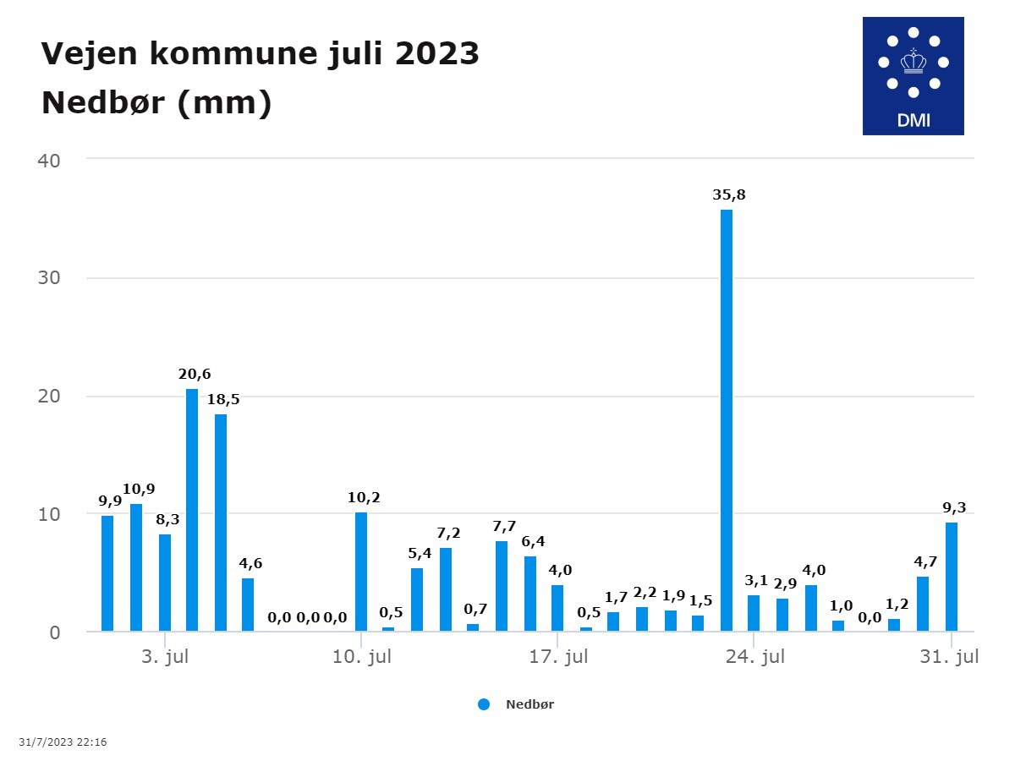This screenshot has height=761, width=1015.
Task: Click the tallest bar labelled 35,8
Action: [727, 420]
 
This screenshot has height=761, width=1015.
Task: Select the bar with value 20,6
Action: [192, 510]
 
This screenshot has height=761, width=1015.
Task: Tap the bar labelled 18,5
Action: [221, 523]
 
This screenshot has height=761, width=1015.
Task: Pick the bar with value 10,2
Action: [361, 572]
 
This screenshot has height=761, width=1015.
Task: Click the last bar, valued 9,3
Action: [952, 577]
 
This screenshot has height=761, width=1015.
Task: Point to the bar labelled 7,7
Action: [502, 586]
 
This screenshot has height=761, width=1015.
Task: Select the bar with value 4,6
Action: [248, 605]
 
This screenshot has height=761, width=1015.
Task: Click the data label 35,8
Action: [729, 195]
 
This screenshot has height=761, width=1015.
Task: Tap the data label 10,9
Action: [139, 489]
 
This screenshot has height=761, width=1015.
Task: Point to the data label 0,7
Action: [477, 609]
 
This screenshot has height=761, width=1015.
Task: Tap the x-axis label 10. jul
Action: [362, 657]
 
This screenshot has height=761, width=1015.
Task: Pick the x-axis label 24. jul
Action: [755, 657]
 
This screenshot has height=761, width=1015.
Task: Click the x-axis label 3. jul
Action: [165, 657]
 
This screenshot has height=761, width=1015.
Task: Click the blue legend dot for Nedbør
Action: [484, 704]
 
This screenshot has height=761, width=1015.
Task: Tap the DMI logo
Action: [913, 76]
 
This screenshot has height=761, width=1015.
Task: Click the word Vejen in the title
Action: [88, 54]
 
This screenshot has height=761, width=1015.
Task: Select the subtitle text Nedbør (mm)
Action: [156, 103]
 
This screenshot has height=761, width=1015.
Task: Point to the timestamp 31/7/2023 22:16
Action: [63, 742]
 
